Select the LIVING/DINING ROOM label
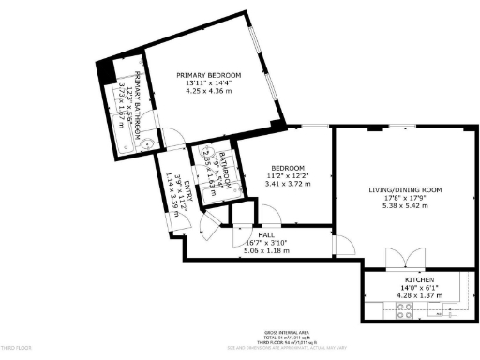click(x=405, y=189)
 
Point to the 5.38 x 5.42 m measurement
click(x=405, y=205)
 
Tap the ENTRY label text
click(x=187, y=191)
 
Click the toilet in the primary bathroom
click(x=148, y=142)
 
